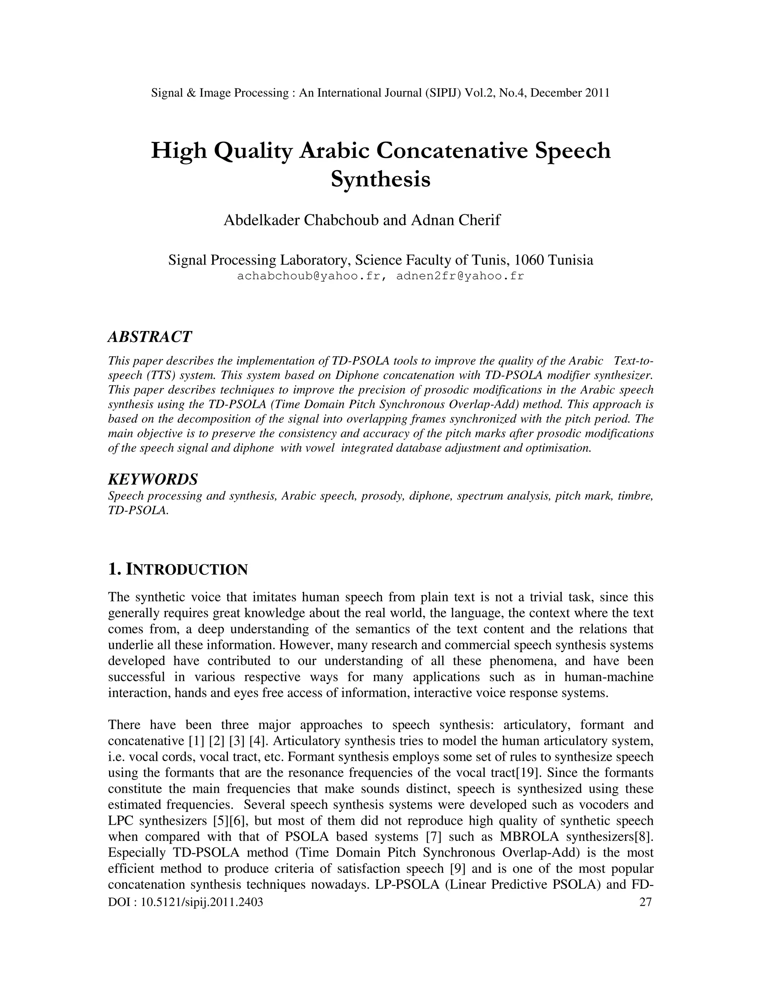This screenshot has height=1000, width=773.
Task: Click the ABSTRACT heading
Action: pyautogui.click(x=150, y=337)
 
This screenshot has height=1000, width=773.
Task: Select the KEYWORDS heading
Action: pyautogui.click(x=153, y=479)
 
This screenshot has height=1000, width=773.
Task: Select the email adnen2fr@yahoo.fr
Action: pyautogui.click(x=460, y=276)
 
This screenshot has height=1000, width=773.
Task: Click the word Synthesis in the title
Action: pyautogui.click(x=380, y=179)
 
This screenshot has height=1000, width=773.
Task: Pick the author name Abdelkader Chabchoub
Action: pyautogui.click(x=301, y=220)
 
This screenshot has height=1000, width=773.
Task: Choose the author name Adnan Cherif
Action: pyautogui.click(x=456, y=220)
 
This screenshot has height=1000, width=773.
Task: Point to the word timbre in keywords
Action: pyautogui.click(x=635, y=496)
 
